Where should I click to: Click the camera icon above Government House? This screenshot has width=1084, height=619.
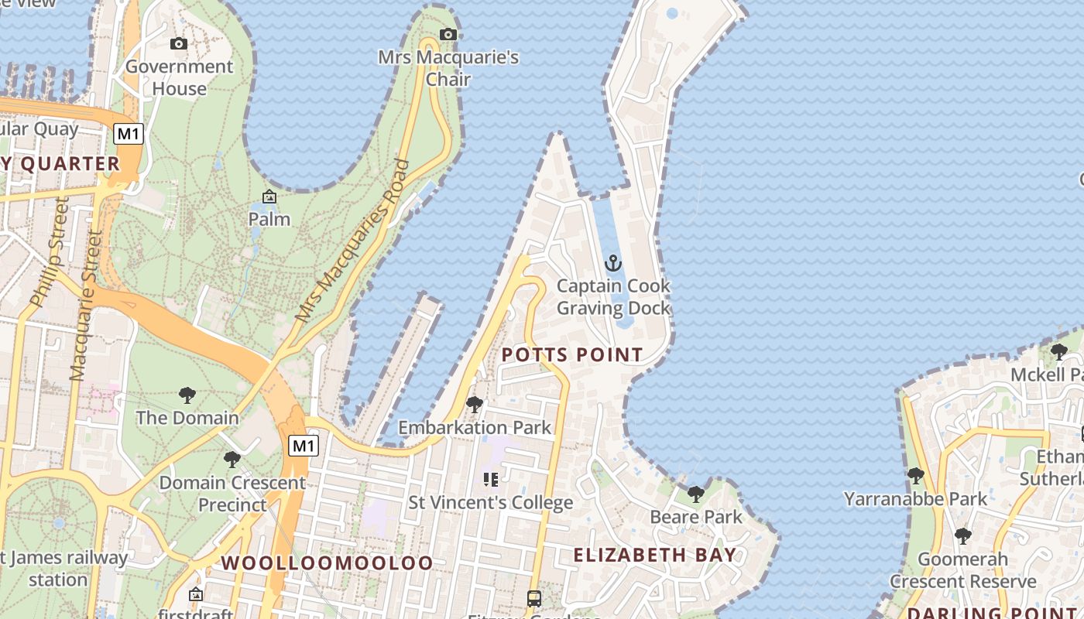pyautogui.click(x=179, y=44)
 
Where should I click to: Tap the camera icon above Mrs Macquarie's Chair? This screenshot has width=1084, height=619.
pyautogui.click(x=448, y=34)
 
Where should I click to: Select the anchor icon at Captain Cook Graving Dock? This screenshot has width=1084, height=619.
pyautogui.click(x=613, y=264)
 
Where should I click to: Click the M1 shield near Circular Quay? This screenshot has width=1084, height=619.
pyautogui.click(x=129, y=134)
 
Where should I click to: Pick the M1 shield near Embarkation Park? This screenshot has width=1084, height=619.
pyautogui.click(x=304, y=446)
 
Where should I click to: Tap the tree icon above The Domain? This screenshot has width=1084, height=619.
pyautogui.click(x=187, y=395)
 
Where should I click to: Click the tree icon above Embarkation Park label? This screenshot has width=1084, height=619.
pyautogui.click(x=475, y=405)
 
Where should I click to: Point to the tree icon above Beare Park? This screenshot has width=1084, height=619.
pyautogui.click(x=696, y=494)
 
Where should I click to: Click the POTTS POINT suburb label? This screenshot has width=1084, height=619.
pyautogui.click(x=572, y=355)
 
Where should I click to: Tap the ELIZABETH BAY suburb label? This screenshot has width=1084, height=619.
pyautogui.click(x=655, y=555)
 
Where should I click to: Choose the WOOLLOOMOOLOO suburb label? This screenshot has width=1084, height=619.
pyautogui.click(x=328, y=563)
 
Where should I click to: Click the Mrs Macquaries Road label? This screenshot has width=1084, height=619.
pyautogui.click(x=353, y=241)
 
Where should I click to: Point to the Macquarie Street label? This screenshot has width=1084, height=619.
pyautogui.click(x=87, y=306)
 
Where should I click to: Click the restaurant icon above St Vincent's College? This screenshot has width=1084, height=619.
pyautogui.click(x=490, y=480)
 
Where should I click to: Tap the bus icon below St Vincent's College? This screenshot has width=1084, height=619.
pyautogui.click(x=534, y=598)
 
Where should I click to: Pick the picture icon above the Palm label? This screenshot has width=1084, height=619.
pyautogui.click(x=269, y=197)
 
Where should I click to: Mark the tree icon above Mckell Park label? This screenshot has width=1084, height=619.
pyautogui.click(x=1058, y=352)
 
